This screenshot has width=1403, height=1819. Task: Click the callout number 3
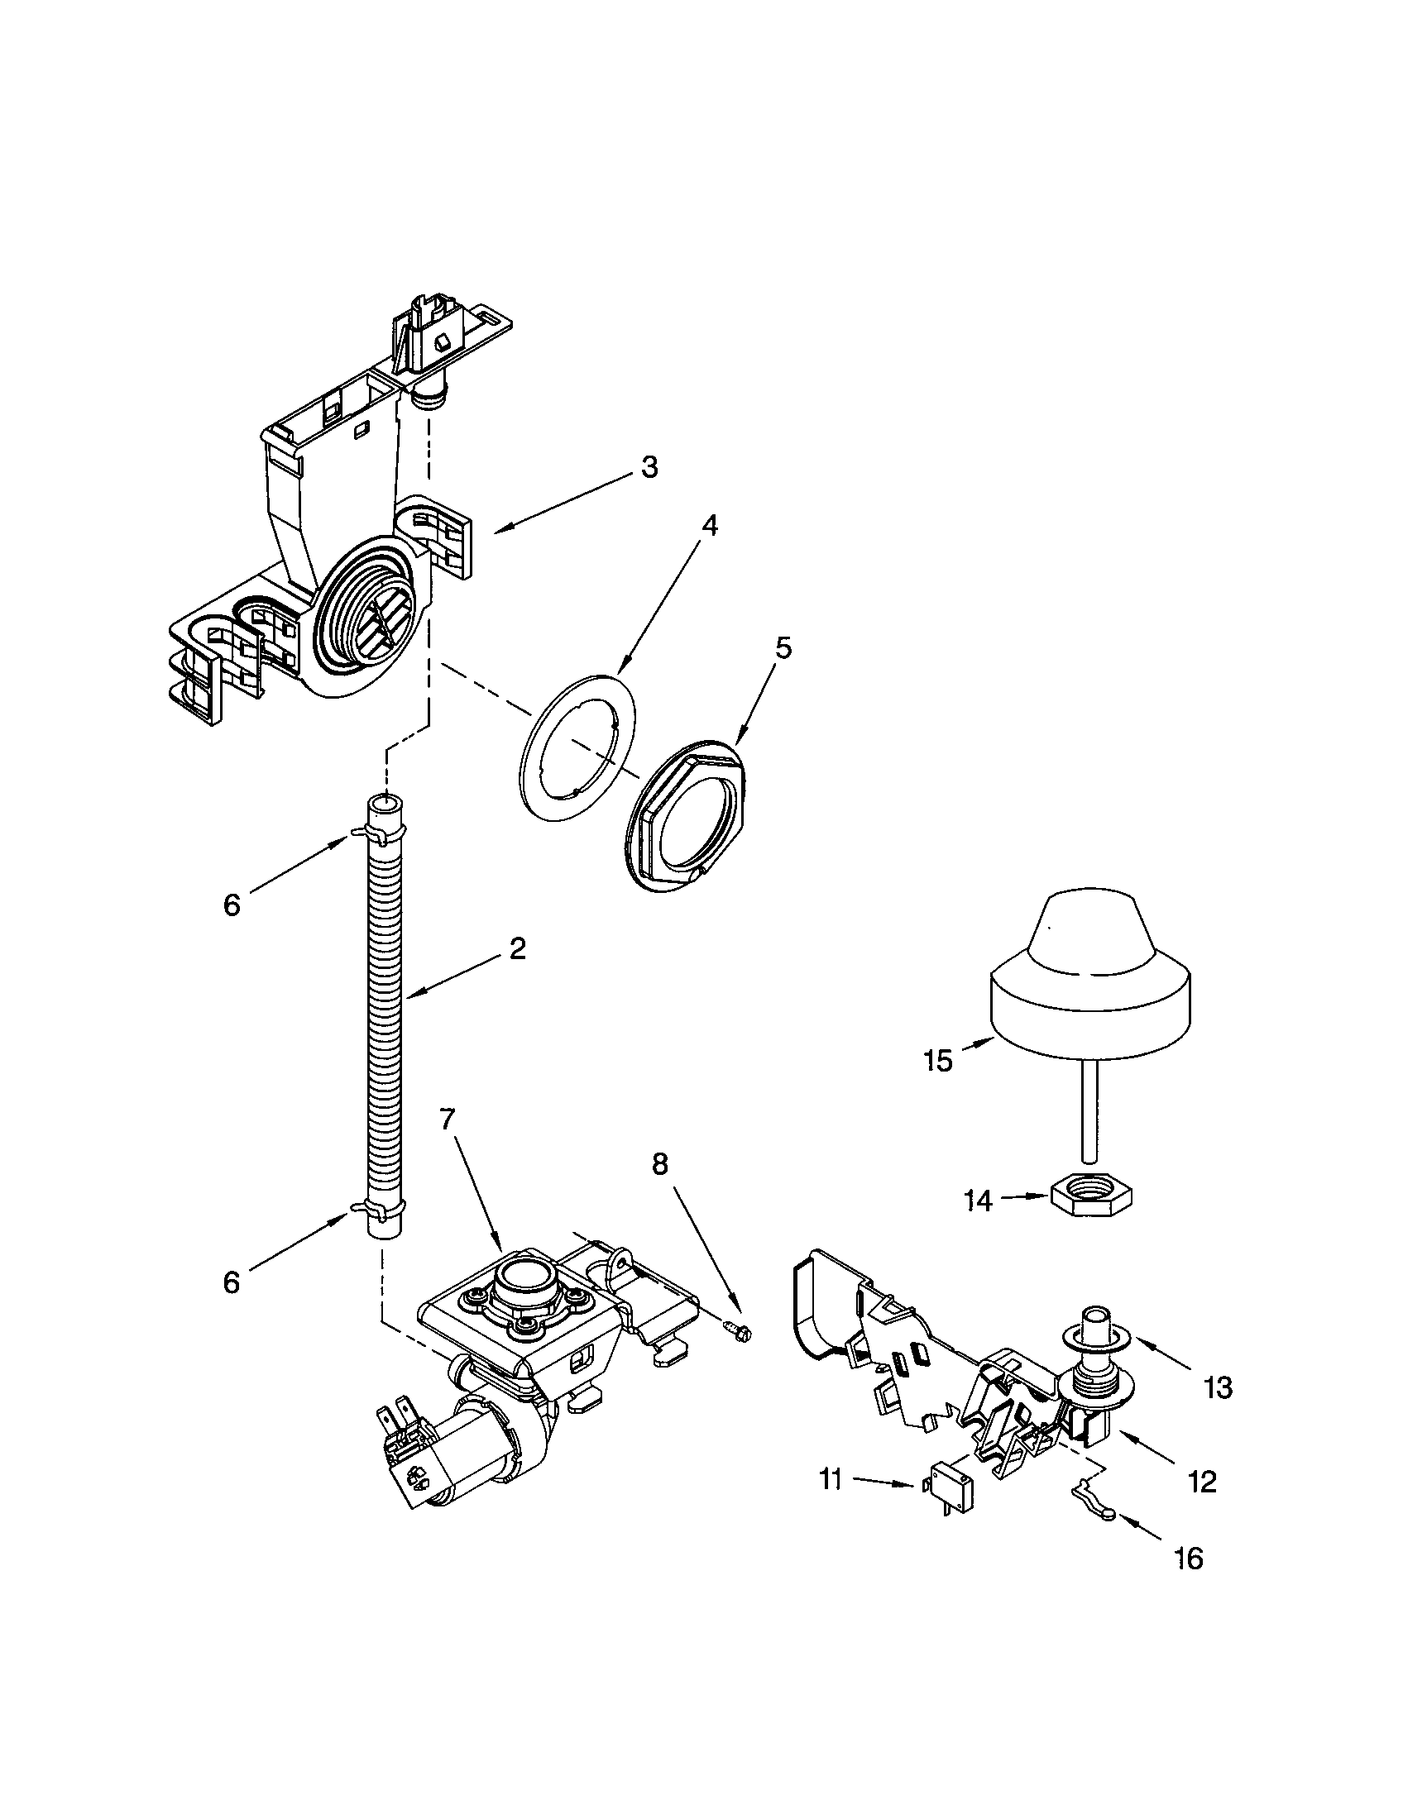[x=649, y=467]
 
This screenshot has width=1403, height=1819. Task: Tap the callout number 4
[x=709, y=526]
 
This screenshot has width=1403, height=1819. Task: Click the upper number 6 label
[x=232, y=905]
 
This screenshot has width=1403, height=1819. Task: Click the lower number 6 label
[x=232, y=1282]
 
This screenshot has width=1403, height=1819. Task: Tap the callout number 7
[x=448, y=1120]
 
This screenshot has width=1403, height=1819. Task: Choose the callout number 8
[x=659, y=1164]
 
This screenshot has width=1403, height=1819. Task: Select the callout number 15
[x=938, y=1061]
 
